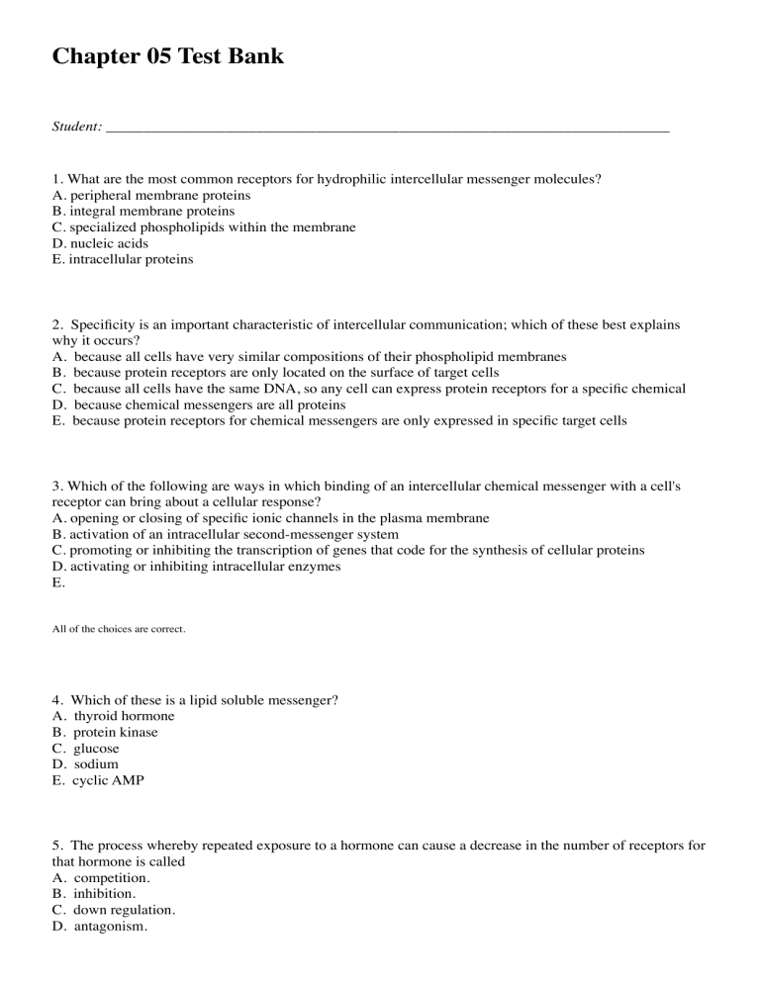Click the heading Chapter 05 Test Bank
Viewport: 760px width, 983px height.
[167, 57]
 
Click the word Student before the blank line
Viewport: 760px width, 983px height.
[75, 127]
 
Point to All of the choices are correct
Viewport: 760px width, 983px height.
[119, 628]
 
